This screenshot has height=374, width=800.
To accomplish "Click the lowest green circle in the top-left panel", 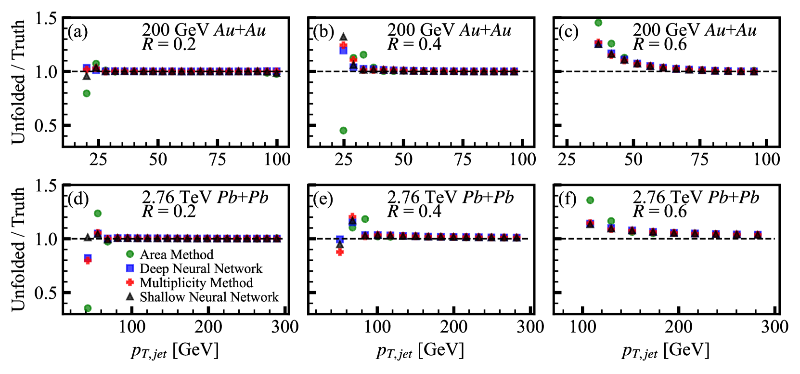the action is coord(87,93).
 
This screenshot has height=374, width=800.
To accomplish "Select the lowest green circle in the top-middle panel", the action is coord(343,131).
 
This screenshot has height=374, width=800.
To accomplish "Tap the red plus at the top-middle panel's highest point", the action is coord(343,45).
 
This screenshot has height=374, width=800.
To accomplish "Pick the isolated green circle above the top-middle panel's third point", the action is coord(363,55).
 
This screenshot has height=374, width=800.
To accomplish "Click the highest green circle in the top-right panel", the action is coord(598,23).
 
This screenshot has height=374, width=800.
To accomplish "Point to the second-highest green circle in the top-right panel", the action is coord(611,44).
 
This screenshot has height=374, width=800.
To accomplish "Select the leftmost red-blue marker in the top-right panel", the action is coord(598,43).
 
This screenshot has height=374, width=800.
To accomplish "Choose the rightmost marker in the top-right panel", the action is coord(754,71).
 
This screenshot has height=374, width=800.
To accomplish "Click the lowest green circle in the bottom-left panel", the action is coord(88,308).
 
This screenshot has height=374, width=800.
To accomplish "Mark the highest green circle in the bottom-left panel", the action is coord(98,214).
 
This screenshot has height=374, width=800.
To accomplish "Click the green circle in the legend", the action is coord(130,254).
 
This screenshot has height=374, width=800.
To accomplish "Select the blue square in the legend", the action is coord(130,268).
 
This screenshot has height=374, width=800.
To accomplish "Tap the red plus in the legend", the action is coord(130,282).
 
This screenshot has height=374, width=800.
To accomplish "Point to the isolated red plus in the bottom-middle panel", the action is coord(340,252).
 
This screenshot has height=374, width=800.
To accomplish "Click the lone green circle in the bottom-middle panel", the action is coord(365,219).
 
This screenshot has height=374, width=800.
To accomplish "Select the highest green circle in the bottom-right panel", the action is coord(590,200).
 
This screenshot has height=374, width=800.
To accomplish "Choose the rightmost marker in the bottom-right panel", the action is coord(758,234).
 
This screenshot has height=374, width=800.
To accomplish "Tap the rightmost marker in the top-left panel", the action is coord(276,72).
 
